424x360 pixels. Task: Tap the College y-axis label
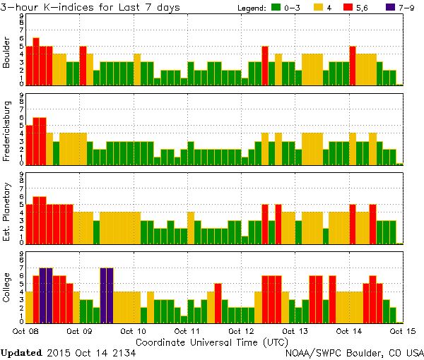click(8, 287)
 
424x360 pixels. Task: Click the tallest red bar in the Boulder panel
click(36, 61)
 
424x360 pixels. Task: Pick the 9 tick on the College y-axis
click(21, 253)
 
